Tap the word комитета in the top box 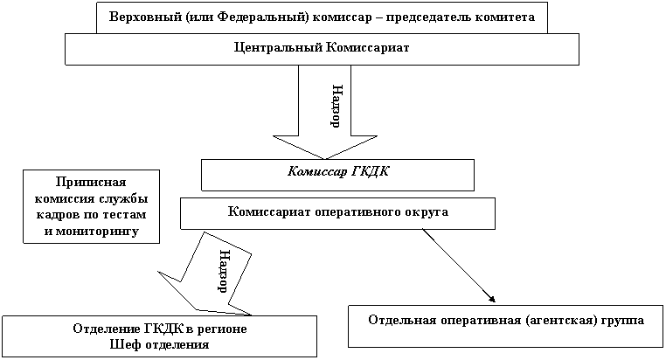pos(504,17)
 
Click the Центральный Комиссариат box pos(322,49)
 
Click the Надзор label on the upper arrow pos(336,106)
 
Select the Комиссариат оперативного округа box pos(337,212)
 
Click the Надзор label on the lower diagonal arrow pos(222,271)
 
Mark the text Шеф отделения pos(159,344)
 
